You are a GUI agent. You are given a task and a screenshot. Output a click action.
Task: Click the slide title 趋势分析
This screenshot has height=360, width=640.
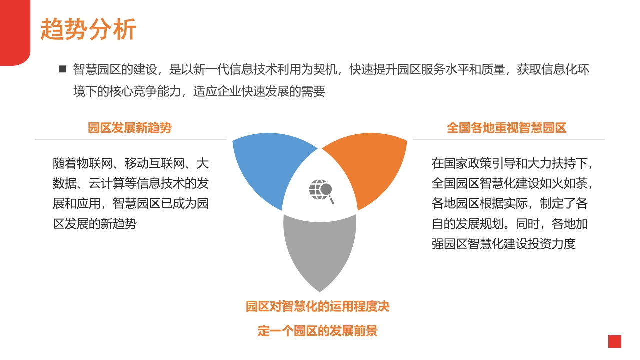(88, 29)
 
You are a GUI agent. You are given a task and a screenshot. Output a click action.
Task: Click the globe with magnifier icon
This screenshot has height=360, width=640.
(321, 191)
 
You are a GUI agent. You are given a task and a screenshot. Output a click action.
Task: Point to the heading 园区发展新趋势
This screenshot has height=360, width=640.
(129, 128)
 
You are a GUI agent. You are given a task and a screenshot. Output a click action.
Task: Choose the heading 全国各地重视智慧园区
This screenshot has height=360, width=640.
(507, 128)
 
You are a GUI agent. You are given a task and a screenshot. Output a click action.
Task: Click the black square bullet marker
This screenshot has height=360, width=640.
(63, 69)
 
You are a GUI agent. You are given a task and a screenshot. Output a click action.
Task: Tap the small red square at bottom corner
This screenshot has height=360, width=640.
(615, 341)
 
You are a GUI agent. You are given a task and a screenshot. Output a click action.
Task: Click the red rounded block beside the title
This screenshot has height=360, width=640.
(15, 32)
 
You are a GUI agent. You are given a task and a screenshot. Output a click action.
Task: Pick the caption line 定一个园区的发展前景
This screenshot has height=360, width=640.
(318, 331)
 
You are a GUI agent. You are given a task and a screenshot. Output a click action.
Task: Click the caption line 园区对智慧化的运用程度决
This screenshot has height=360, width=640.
(318, 307)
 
